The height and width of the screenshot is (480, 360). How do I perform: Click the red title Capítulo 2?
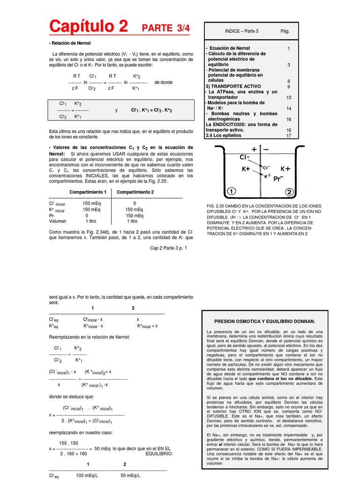pyautogui.click(x=88, y=26)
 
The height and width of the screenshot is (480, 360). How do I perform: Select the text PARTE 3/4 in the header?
pyautogui.click(x=166, y=28)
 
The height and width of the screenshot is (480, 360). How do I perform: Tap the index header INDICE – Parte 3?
pyautogui.click(x=241, y=31)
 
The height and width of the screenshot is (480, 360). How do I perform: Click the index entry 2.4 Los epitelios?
pyautogui.click(x=224, y=135)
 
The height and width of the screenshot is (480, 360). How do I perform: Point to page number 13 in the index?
pyautogui.click(x=289, y=97)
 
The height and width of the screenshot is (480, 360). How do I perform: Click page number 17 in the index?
pyautogui.click(x=289, y=135)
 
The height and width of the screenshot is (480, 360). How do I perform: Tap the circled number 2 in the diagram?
pyautogui.click(x=289, y=192)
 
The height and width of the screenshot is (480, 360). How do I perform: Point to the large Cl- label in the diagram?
pyautogui.click(x=246, y=158)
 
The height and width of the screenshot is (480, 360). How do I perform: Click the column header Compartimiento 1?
pyautogui.click(x=88, y=192)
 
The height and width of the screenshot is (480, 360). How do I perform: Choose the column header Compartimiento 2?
pyautogui.click(x=135, y=192)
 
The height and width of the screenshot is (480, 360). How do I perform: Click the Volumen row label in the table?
pyautogui.click(x=58, y=221)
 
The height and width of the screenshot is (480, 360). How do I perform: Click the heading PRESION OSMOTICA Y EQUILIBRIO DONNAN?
pyautogui.click(x=264, y=322)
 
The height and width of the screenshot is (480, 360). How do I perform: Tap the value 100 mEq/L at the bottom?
pyautogui.click(x=86, y=475)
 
